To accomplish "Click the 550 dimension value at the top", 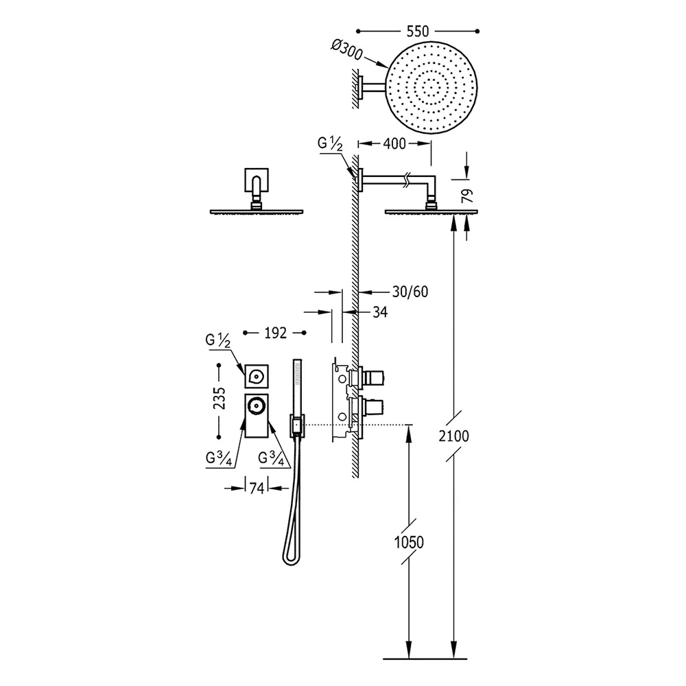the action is coord(418,32).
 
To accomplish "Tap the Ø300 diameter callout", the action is coord(347,50).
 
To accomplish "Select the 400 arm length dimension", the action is coord(394,143).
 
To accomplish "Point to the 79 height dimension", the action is coord(468,196).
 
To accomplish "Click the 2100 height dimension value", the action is coord(453,436).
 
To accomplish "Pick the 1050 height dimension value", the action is coord(409,543).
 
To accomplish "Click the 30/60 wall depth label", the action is coord(410,292).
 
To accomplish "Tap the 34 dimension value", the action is coord(380,312).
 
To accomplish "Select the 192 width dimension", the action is coord(276,333).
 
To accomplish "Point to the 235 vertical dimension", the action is coord(220,398).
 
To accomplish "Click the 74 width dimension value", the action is coord(257,488).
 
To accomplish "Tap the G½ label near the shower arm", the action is coord(330,144).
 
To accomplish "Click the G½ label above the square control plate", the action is coord(217,340).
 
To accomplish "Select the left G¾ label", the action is coord(219,458).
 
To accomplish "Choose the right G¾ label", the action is coord(271,458).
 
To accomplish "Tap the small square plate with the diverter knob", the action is coord(257,376).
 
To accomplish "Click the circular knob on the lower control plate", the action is coord(256,405).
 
